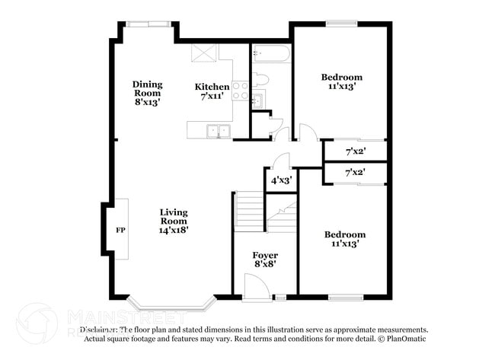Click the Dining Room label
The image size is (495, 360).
click(147, 93)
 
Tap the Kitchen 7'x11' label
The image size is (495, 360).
click(212, 92)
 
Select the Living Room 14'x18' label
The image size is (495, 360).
click(174, 221)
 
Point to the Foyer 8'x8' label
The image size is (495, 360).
click(264, 260)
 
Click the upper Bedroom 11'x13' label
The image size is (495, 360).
click(341, 81)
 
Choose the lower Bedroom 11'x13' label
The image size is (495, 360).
click(344, 239)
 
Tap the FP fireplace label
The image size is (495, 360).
click(120, 229)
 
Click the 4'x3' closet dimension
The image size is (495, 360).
click(279, 180)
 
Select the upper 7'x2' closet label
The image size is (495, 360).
click(355, 151)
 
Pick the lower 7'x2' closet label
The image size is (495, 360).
click(355, 173)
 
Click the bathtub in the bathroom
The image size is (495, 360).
click(271, 53)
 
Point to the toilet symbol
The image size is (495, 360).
click(261, 78)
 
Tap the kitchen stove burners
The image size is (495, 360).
click(240, 91)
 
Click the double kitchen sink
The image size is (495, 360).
click(219, 131)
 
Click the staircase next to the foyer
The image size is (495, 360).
click(250, 211)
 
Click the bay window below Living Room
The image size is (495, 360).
click(171, 304)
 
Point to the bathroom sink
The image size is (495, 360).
click(257, 100)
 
